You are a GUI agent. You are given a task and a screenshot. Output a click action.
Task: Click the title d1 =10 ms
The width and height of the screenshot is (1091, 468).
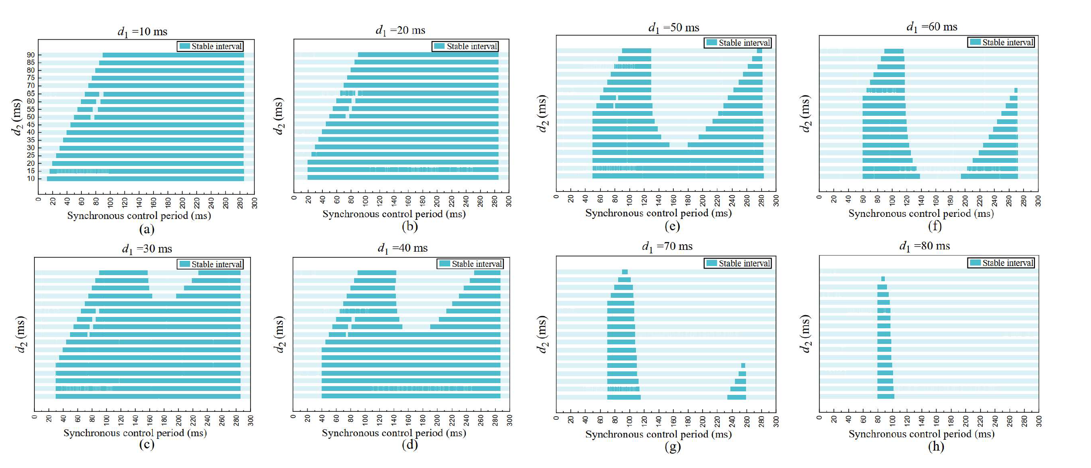click(x=142, y=32)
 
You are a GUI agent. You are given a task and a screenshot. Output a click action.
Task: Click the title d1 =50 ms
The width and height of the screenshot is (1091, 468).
click(x=673, y=28)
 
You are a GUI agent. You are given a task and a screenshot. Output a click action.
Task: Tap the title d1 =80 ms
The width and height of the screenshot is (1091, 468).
click(x=924, y=246)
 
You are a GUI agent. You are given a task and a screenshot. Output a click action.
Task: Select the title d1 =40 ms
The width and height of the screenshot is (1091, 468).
click(x=402, y=248)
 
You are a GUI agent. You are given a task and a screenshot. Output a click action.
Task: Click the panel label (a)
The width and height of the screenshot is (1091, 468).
click(x=147, y=229)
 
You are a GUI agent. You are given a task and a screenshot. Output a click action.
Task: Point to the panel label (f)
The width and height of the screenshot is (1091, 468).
click(x=935, y=226)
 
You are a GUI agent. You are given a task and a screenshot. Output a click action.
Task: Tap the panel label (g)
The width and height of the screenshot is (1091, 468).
click(x=673, y=446)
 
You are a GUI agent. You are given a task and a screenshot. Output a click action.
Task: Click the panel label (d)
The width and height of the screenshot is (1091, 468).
click(x=410, y=444)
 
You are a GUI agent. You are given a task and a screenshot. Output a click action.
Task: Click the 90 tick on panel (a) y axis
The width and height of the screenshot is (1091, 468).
click(x=31, y=55)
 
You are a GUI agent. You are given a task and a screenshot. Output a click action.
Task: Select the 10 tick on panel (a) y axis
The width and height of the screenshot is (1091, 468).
click(x=31, y=178)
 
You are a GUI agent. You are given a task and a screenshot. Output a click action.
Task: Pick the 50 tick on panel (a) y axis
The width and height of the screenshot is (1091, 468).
click(x=31, y=117)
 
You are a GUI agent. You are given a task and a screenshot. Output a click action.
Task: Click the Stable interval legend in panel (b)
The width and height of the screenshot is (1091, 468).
click(x=465, y=46)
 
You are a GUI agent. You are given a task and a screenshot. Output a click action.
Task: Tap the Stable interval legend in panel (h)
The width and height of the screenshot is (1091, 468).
click(x=1001, y=263)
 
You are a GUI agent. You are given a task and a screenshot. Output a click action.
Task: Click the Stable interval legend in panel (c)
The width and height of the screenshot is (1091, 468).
click(x=211, y=264)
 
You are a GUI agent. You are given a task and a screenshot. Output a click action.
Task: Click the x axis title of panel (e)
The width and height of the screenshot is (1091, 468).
click(x=658, y=213)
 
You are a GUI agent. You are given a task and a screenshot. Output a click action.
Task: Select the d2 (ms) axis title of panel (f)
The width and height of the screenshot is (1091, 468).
click(x=805, y=113)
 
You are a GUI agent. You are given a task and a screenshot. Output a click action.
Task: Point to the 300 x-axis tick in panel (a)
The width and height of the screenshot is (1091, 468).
click(x=254, y=203)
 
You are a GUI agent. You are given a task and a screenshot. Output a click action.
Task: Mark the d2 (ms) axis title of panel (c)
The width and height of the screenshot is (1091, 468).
click(x=20, y=334)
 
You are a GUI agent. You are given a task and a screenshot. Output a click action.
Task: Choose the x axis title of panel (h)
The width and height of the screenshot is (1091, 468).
click(x=921, y=434)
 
